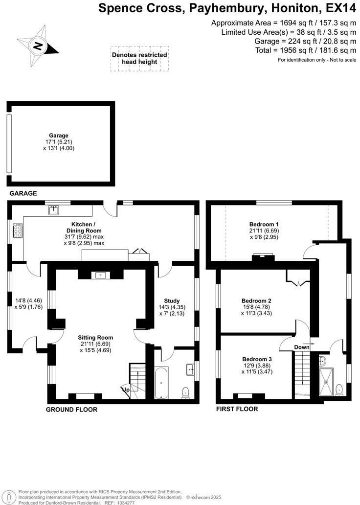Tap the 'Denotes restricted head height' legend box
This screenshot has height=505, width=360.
[x=139, y=58]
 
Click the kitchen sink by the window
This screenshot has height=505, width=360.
[x=54, y=210]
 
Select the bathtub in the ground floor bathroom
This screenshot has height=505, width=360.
[x=161, y=385]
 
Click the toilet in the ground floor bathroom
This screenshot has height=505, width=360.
[x=185, y=392]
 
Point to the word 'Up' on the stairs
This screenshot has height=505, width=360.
[x=126, y=390]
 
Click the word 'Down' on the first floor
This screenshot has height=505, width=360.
[x=301, y=347]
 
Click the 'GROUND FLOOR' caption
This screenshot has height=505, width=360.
[x=71, y=410]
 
